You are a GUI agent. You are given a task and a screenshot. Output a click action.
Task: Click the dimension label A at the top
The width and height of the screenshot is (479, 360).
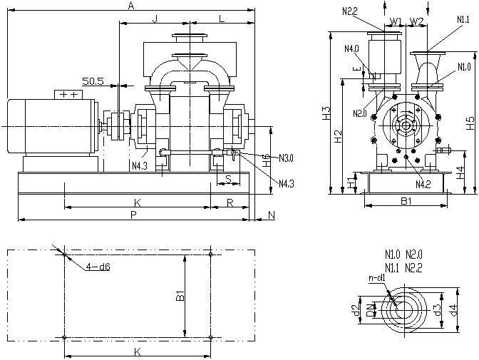coord(130,5)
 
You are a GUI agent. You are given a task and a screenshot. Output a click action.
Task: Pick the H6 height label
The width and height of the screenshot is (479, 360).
coord(267,161)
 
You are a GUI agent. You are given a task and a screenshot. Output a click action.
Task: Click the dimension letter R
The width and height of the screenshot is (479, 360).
coord(230,203)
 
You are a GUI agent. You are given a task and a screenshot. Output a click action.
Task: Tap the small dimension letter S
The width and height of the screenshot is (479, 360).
coord(227,178)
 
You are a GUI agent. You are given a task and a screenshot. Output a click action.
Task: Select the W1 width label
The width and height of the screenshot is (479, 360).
coord(397,21)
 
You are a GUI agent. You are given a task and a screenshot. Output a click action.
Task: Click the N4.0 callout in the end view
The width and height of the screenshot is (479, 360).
coord(352,48)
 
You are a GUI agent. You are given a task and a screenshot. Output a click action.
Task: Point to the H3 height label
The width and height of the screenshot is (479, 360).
coord(326,113)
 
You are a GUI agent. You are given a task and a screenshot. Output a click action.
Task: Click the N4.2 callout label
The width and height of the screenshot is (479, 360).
coord(422,185)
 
